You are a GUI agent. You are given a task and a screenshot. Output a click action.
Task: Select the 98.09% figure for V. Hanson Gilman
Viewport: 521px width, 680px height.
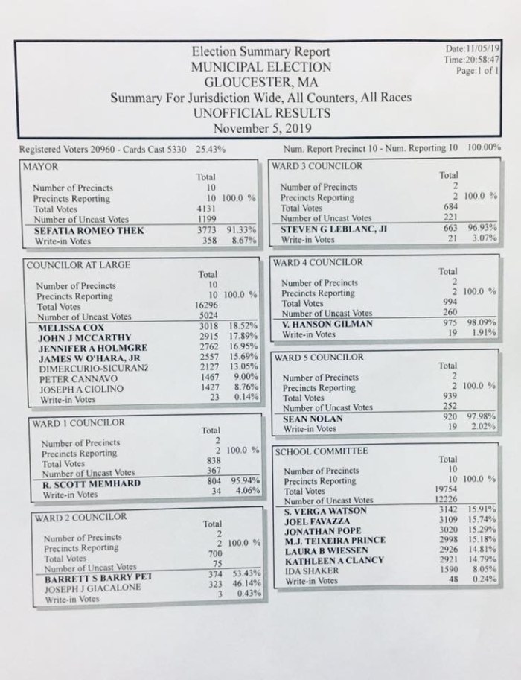483,324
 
